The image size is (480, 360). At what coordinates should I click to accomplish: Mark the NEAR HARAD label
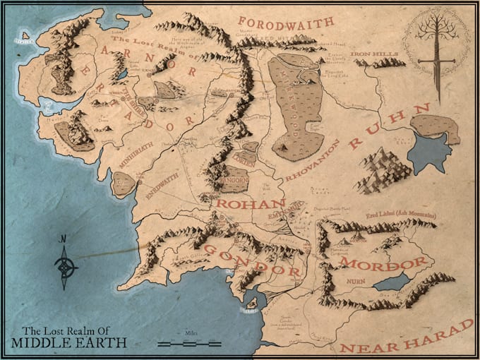[x=408, y=340]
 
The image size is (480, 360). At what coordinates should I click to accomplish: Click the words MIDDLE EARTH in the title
[x=69, y=343]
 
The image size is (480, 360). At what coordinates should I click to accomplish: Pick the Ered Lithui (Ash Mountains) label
[x=401, y=213]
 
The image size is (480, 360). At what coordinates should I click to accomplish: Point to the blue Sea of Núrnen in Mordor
[x=390, y=282]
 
